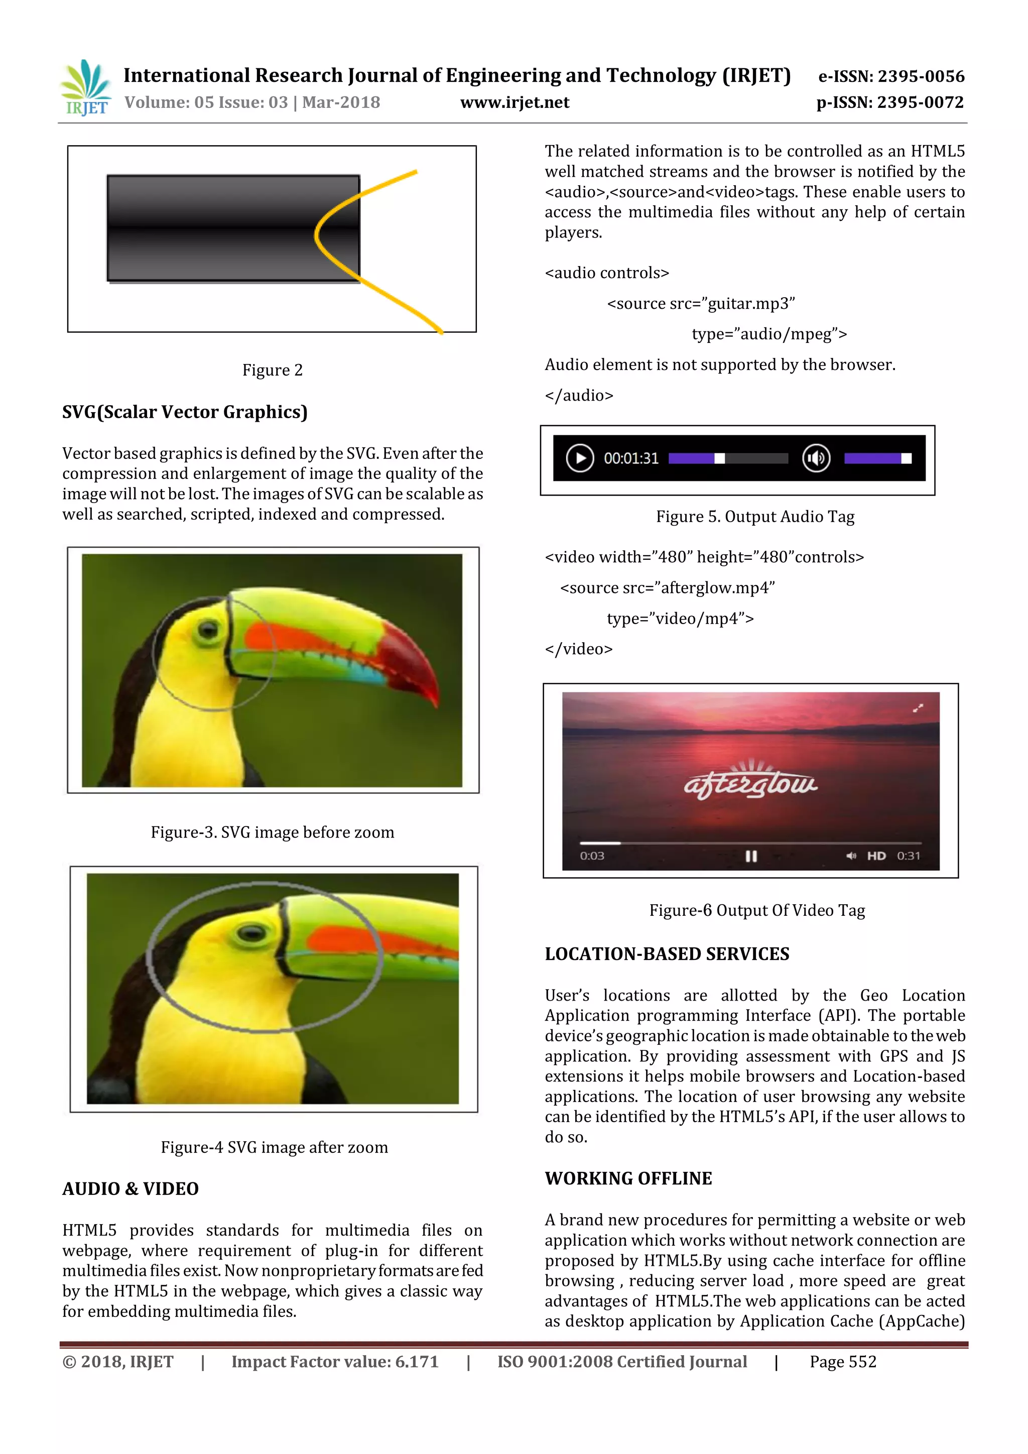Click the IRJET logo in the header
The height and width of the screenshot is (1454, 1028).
click(85, 88)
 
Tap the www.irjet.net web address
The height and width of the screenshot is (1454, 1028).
click(514, 102)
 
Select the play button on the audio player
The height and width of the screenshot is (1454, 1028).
click(579, 458)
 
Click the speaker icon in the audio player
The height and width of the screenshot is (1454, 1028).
click(816, 458)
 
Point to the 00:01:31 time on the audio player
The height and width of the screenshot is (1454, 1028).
click(630, 458)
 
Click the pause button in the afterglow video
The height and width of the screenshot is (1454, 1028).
click(751, 856)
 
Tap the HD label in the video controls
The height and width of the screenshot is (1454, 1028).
click(876, 856)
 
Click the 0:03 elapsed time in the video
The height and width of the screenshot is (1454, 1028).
click(592, 856)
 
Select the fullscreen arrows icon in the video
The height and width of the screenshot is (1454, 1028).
click(918, 708)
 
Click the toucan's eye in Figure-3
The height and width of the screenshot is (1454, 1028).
click(208, 630)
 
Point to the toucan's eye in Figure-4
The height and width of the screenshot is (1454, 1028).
click(252, 932)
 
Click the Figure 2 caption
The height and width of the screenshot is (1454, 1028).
click(272, 371)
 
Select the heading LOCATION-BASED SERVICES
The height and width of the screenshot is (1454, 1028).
click(667, 954)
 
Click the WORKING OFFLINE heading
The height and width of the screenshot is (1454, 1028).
click(628, 1178)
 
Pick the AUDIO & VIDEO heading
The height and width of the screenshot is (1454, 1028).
click(131, 1189)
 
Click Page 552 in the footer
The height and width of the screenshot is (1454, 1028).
click(843, 1362)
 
